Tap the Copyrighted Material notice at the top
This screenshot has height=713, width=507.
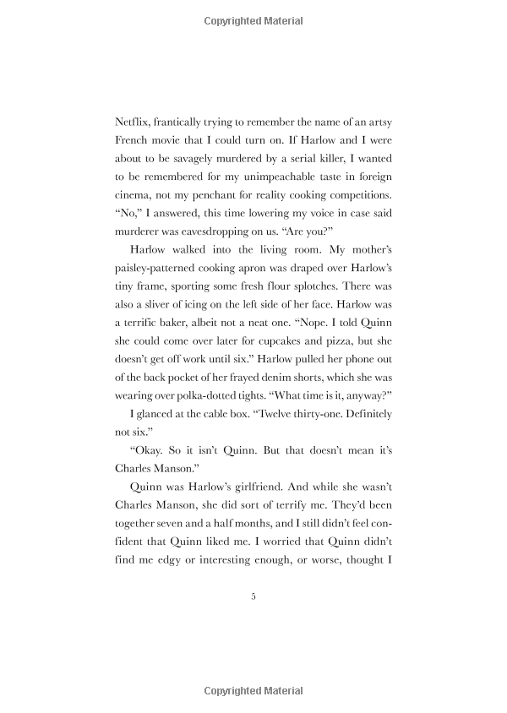pyautogui.click(x=253, y=21)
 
